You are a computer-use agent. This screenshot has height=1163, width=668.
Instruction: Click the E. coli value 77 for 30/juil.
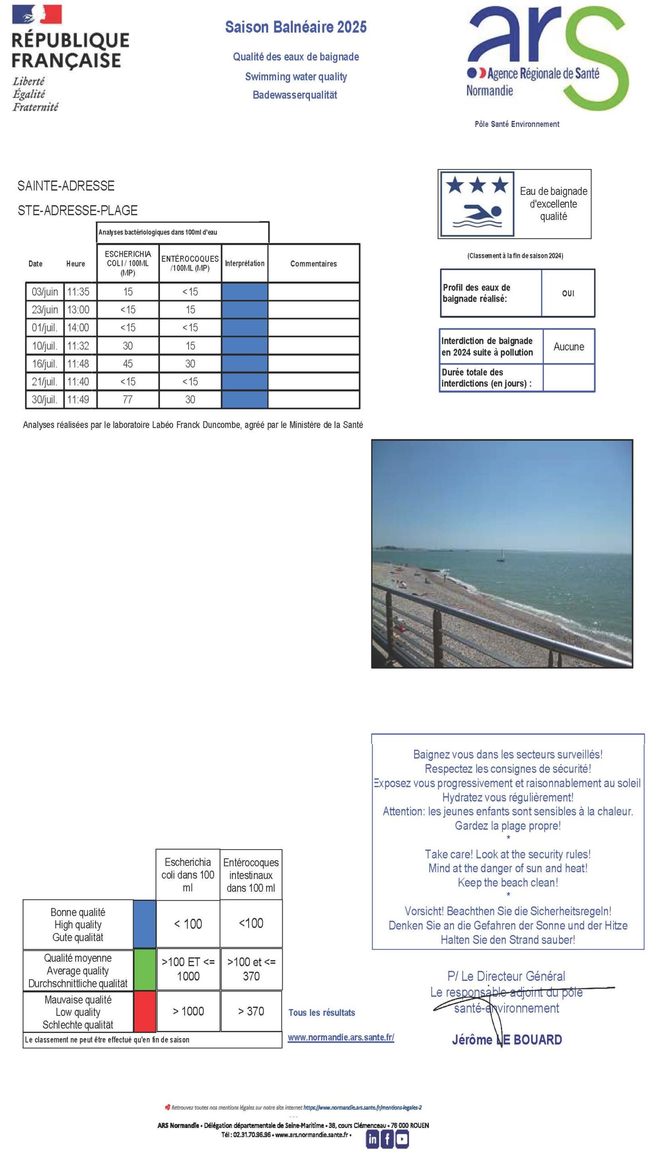coord(128,399)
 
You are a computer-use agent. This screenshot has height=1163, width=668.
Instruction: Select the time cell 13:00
coord(79,309)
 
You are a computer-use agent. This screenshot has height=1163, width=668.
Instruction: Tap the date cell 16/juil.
coord(45,364)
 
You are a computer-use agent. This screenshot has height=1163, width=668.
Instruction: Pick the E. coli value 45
coord(128,364)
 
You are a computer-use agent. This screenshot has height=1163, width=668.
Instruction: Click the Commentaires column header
coord(314,263)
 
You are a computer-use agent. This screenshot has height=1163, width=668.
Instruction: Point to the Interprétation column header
coord(244,263)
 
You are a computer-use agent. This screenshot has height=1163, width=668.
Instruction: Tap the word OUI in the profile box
coord(568,293)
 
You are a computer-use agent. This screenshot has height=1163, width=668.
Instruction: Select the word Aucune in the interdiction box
coord(568,347)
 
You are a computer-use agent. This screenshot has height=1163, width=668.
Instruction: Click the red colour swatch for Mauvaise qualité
coord(145,1012)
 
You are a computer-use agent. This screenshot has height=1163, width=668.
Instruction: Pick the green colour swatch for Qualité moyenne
coord(145,970)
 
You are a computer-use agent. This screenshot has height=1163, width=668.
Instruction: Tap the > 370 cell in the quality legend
coord(251,1011)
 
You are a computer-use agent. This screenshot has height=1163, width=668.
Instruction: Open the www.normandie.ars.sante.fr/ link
coord(341,1037)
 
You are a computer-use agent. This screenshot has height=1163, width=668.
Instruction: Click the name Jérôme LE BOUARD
coord(507,1039)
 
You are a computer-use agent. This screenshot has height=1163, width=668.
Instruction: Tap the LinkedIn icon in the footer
coord(373,1139)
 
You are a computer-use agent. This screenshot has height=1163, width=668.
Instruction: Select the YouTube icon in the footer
coord(402,1139)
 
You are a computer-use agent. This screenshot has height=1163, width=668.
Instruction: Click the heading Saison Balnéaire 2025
coord(295,28)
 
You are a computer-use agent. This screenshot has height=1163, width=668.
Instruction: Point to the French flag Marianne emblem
coord(37,15)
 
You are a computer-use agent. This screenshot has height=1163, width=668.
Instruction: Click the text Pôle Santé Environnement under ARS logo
coord(517,124)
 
